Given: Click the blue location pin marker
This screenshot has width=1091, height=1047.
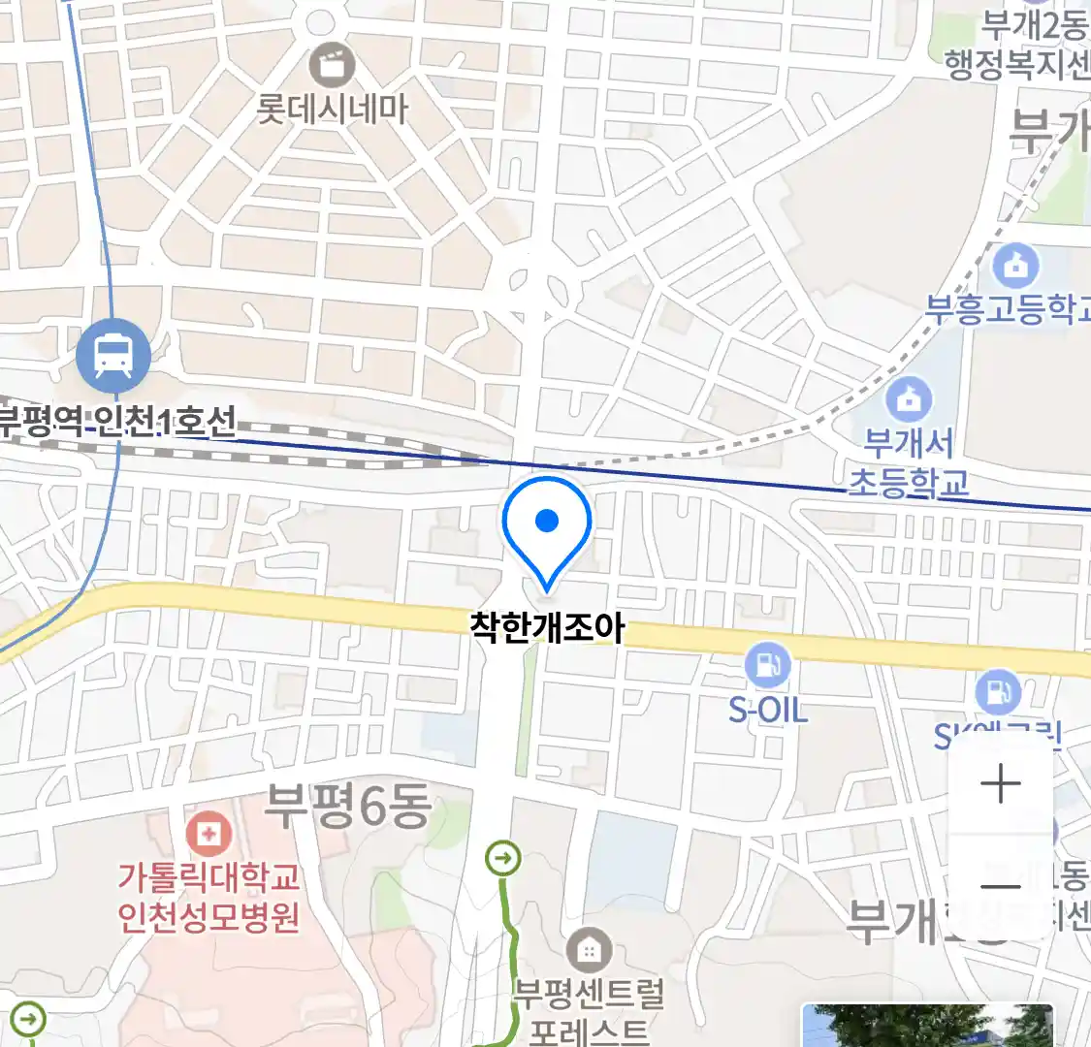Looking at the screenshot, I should tap(547, 527).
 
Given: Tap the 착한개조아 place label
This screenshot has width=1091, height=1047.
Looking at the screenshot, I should tap(547, 628).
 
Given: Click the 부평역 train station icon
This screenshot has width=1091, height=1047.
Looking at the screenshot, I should tap(113, 356).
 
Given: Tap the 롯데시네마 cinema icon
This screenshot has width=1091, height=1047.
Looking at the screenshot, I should tap(333, 66).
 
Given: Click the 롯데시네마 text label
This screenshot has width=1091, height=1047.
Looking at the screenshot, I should tap(333, 109).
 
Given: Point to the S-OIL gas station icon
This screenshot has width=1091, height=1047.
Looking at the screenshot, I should tap(768, 665).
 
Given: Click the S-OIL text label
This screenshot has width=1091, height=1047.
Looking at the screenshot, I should tap(768, 711).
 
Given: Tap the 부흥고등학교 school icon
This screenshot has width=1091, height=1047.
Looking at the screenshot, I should tap(1015, 264).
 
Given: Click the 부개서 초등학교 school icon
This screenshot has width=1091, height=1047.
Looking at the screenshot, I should tap(909, 398).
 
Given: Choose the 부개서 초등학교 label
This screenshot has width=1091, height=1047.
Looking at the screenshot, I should tap(909, 463).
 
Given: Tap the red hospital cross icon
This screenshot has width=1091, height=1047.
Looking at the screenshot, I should tap(208, 833).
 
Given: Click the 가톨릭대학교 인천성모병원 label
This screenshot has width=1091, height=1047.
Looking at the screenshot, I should tap(209, 897).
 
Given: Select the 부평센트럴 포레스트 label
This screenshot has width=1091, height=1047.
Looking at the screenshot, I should tap(589, 1010).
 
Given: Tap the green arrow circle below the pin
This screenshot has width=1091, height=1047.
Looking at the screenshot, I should tap(503, 858).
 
